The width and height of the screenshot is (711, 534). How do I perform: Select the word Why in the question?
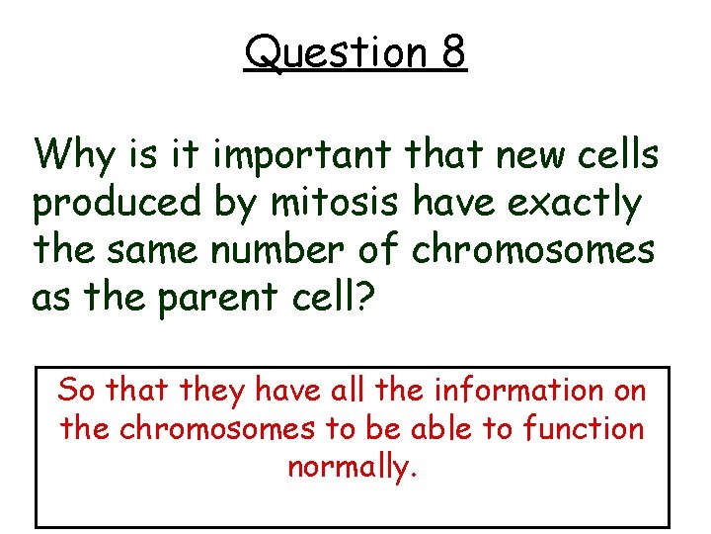(x=75, y=155)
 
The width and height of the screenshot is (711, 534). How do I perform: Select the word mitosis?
(x=335, y=204)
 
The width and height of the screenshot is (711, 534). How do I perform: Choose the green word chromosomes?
(x=532, y=250)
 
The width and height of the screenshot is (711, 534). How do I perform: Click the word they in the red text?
(x=212, y=390)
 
